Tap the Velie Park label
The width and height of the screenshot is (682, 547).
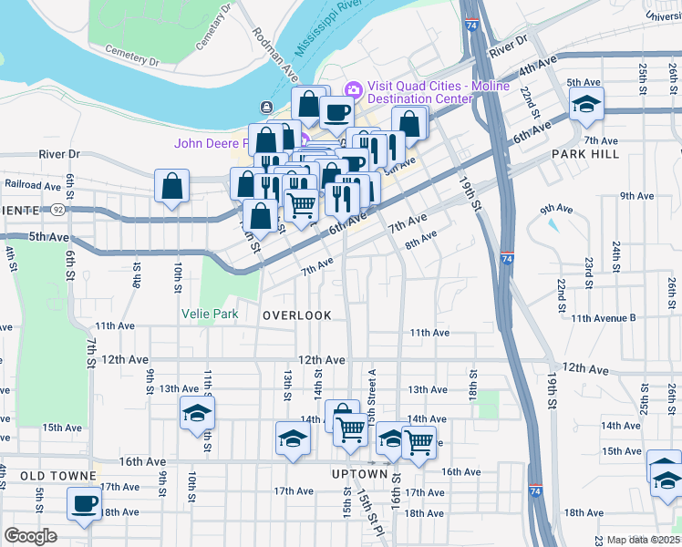coord(212,315)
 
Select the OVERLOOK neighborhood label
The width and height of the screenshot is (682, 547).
coord(297,315)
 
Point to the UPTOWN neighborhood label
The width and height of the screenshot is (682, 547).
coord(360,474)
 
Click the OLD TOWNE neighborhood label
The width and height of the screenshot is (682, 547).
coord(58,476)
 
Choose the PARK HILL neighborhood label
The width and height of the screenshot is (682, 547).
coord(585,155)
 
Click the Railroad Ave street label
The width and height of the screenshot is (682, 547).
coord(33,183)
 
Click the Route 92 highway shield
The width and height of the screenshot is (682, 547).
coord(57,209)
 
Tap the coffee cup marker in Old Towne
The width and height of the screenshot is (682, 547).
coord(85,504)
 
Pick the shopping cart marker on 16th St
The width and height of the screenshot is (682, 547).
coord(418,443)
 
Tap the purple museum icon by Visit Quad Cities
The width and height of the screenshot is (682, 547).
coord(353,89)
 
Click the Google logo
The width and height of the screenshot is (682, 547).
coord(31,536)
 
